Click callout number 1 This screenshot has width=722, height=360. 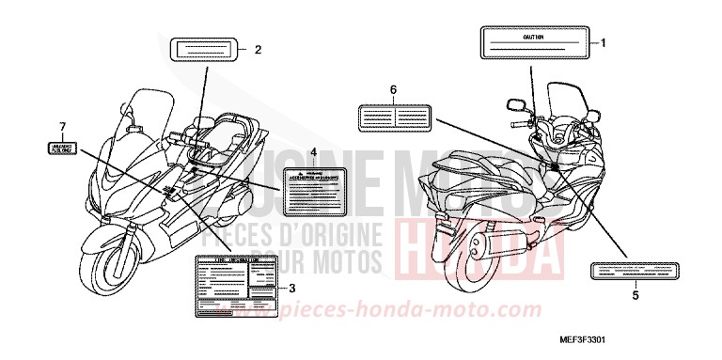click(x=604, y=42)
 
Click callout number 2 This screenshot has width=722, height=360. click(x=258, y=48)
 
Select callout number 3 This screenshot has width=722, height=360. click(x=292, y=288)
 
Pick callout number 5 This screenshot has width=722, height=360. click(x=636, y=295)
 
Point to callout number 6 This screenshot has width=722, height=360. click(x=394, y=89)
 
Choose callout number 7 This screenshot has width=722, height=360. click(x=63, y=126)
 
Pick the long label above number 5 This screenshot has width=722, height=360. click(x=632, y=271)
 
